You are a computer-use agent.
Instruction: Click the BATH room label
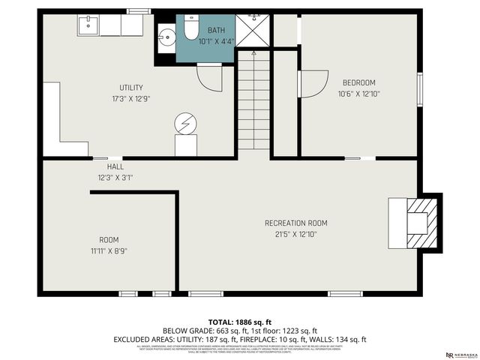(216, 31)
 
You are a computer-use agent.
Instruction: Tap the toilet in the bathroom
(190, 29)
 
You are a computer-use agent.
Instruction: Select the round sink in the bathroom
(166, 36)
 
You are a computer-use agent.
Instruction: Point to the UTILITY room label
(131, 88)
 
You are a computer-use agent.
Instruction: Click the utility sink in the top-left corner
(88, 26)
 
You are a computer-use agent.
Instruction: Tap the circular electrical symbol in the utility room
(184, 123)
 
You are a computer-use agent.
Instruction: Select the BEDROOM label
(359, 82)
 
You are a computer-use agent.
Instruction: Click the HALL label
(115, 166)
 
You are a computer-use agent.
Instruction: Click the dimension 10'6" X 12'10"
(359, 94)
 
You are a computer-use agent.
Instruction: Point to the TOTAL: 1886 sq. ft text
(239, 320)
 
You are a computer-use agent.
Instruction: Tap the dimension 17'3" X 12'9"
(131, 98)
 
